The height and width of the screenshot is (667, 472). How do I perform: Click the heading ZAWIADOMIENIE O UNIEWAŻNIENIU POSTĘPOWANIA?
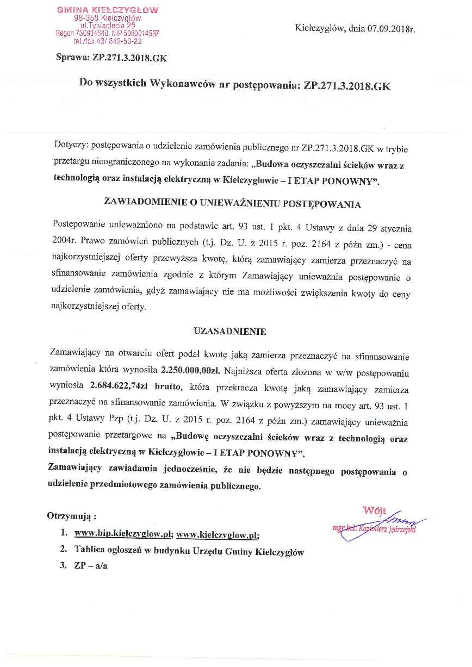(x=232, y=203)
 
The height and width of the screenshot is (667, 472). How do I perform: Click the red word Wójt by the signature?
(x=375, y=510)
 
